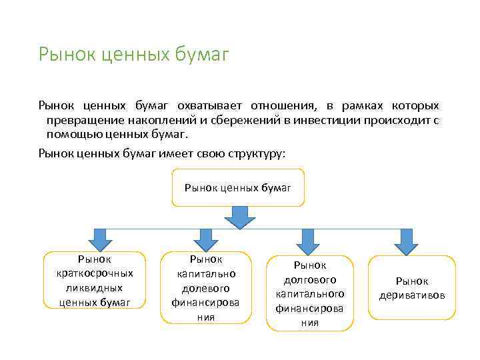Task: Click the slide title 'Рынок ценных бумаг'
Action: pyautogui.click(x=134, y=54)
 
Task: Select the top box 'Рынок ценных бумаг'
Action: pyautogui.click(x=238, y=187)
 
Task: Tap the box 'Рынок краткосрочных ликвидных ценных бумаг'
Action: pyautogui.click(x=95, y=280)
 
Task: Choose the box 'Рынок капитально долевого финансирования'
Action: pyautogui.click(x=205, y=287)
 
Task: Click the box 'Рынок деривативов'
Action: pyautogui.click(x=412, y=288)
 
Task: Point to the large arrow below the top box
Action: pyautogui.click(x=239, y=217)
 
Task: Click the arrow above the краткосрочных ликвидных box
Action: pyautogui.click(x=100, y=238)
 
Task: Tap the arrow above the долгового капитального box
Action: pyautogui.click(x=309, y=239)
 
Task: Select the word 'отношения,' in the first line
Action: pyautogui.click(x=281, y=106)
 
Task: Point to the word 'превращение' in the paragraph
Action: pyautogui.click(x=80, y=119)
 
